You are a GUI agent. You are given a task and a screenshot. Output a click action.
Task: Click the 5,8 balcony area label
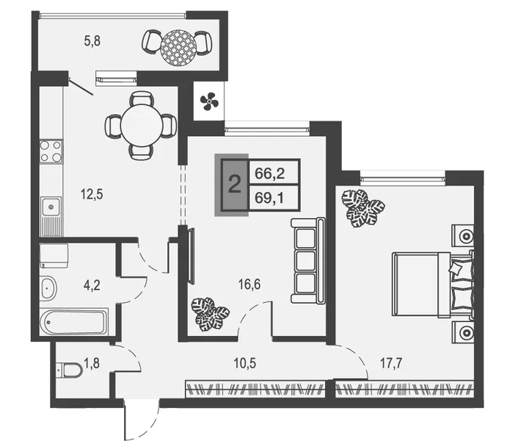coord(92,41)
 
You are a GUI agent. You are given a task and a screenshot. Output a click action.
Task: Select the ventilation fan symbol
coord(209,101)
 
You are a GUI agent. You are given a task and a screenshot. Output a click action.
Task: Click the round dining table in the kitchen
coord(141,126)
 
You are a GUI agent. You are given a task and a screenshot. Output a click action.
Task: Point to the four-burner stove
coord(51,151)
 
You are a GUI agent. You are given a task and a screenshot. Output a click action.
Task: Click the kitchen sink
coord(51,207)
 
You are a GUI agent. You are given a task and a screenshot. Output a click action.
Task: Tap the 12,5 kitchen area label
coord(92,195)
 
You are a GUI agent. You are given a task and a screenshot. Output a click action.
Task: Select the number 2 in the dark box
coord(234,185)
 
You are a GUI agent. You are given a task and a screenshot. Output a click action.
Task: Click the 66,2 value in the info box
coord(270,174)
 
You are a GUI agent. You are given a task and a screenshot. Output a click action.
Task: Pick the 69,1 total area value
coord(269,198)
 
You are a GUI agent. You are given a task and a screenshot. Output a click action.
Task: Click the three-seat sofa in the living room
coord(308,261)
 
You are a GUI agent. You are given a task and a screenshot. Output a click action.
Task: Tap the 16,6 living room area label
coord(249,284)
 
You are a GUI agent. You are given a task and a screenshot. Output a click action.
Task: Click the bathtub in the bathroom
coord(73,323)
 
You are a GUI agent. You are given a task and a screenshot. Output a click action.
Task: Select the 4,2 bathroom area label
coord(92,286)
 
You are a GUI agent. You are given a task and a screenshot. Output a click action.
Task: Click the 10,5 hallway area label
coord(245,363)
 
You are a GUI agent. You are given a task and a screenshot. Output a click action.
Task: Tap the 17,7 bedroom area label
coord(391,363)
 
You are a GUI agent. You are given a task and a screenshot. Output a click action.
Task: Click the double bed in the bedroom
coord(433,284)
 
